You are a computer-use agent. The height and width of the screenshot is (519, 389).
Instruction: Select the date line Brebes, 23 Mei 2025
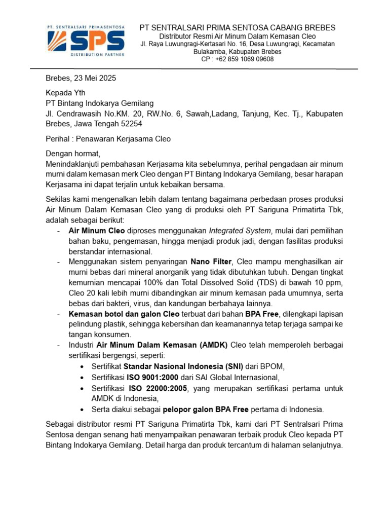pos(81,78)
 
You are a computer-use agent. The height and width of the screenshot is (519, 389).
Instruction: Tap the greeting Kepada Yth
pos(66,93)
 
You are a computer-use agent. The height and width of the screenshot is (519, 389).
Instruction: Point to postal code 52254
pos(130,123)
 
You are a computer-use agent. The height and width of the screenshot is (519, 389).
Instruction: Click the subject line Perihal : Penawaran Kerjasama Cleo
pos(108,138)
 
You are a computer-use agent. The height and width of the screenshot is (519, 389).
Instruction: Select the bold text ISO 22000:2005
pos(159,388)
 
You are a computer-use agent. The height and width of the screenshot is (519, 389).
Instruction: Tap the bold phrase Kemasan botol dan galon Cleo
pos(122,314)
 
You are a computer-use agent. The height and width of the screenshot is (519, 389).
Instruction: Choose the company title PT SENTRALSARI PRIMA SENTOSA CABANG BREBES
pos(237,27)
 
